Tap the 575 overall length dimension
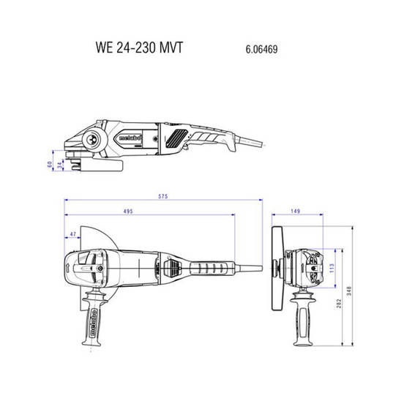click(164, 197)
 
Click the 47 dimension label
click(72, 234)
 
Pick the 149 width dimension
click(296, 212)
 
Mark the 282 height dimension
click(339, 303)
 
